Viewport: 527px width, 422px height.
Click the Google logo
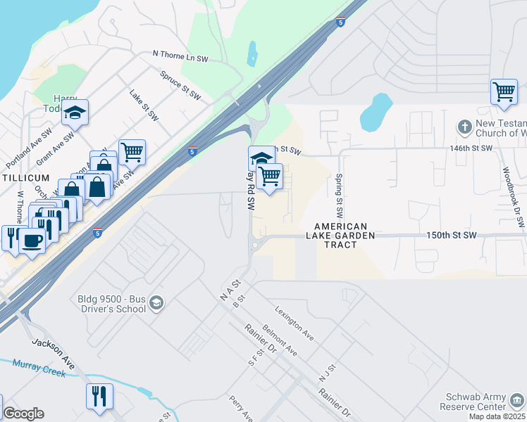(23, 413)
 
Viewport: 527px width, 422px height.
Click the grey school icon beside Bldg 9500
(156, 303)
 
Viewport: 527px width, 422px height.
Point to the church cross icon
(464, 127)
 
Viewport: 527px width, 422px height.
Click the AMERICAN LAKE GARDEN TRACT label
(345, 231)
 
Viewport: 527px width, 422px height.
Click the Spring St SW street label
(339, 195)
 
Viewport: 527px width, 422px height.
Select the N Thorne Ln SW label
(181, 53)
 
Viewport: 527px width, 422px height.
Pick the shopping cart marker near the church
(504, 91)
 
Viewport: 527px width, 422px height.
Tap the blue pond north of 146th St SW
(375, 112)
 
